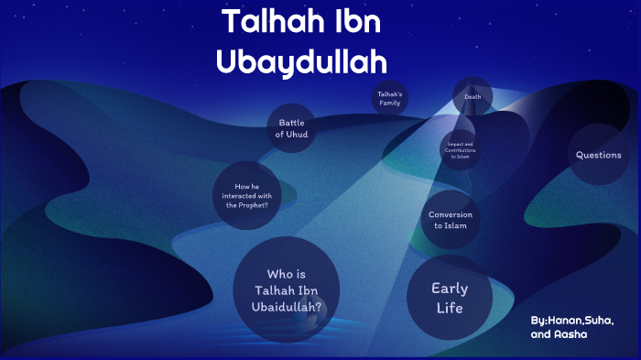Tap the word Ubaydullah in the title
301,60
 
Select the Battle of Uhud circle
291,128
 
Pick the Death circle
473,96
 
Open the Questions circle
598,155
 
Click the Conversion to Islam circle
451,221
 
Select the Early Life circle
450,297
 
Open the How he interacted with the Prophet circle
246,196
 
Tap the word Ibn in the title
353,24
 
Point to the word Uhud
297,135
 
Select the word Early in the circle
450,289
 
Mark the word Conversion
451,214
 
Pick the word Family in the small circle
390,104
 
